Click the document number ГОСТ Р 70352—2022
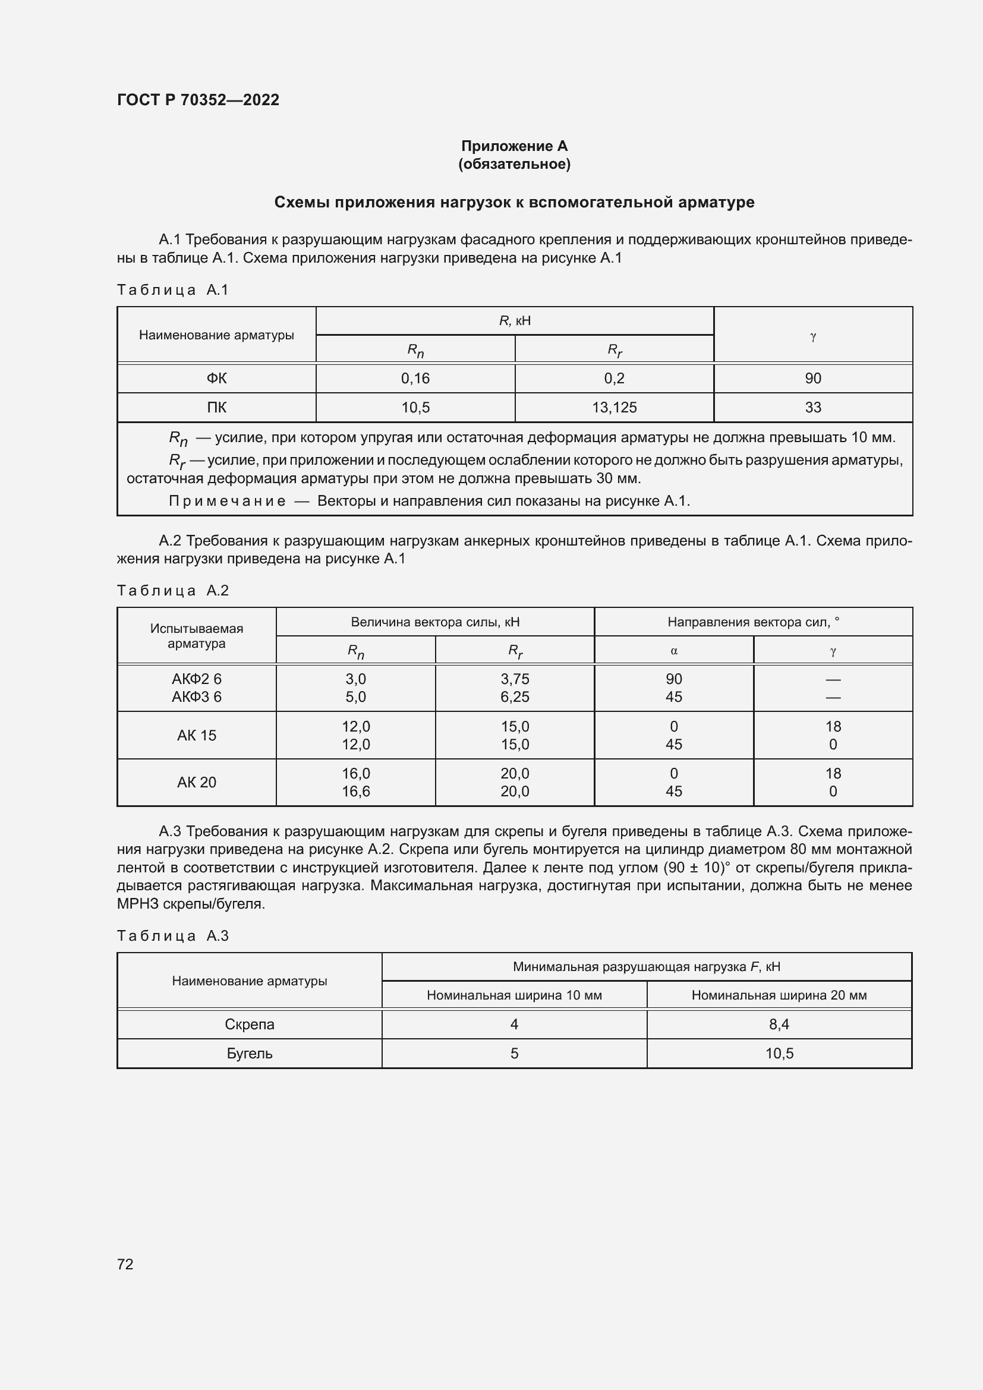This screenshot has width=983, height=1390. click(x=198, y=100)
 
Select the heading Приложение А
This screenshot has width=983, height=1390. click(x=514, y=146)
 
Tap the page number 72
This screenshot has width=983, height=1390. click(x=125, y=1263)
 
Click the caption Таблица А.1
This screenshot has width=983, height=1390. click(x=172, y=290)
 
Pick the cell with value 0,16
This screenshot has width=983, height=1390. click(x=415, y=379)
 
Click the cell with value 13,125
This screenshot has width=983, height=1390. click(x=614, y=408)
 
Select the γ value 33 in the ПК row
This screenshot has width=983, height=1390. click(x=812, y=408)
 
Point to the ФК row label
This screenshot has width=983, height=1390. click(x=216, y=379)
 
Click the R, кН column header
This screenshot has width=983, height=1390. click(x=515, y=321)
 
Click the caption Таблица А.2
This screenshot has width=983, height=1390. click(x=172, y=590)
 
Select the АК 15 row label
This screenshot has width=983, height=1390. click(x=196, y=735)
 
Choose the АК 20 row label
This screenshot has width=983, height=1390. click(x=196, y=782)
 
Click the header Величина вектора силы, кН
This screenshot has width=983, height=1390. click(x=434, y=622)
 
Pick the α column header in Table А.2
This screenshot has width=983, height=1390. click(x=674, y=651)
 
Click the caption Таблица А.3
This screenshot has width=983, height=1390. click(x=172, y=936)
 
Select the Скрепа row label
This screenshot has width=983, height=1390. click(x=250, y=1025)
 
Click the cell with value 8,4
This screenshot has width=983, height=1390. click(x=779, y=1025)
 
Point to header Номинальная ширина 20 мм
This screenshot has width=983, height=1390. click(x=779, y=995)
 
